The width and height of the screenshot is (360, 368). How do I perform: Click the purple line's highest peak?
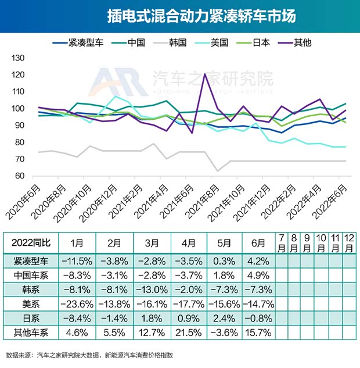click(204, 74)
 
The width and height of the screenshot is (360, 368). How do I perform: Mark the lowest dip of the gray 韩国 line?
click(217, 171)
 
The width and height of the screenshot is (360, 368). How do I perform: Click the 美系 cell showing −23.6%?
click(77, 303)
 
